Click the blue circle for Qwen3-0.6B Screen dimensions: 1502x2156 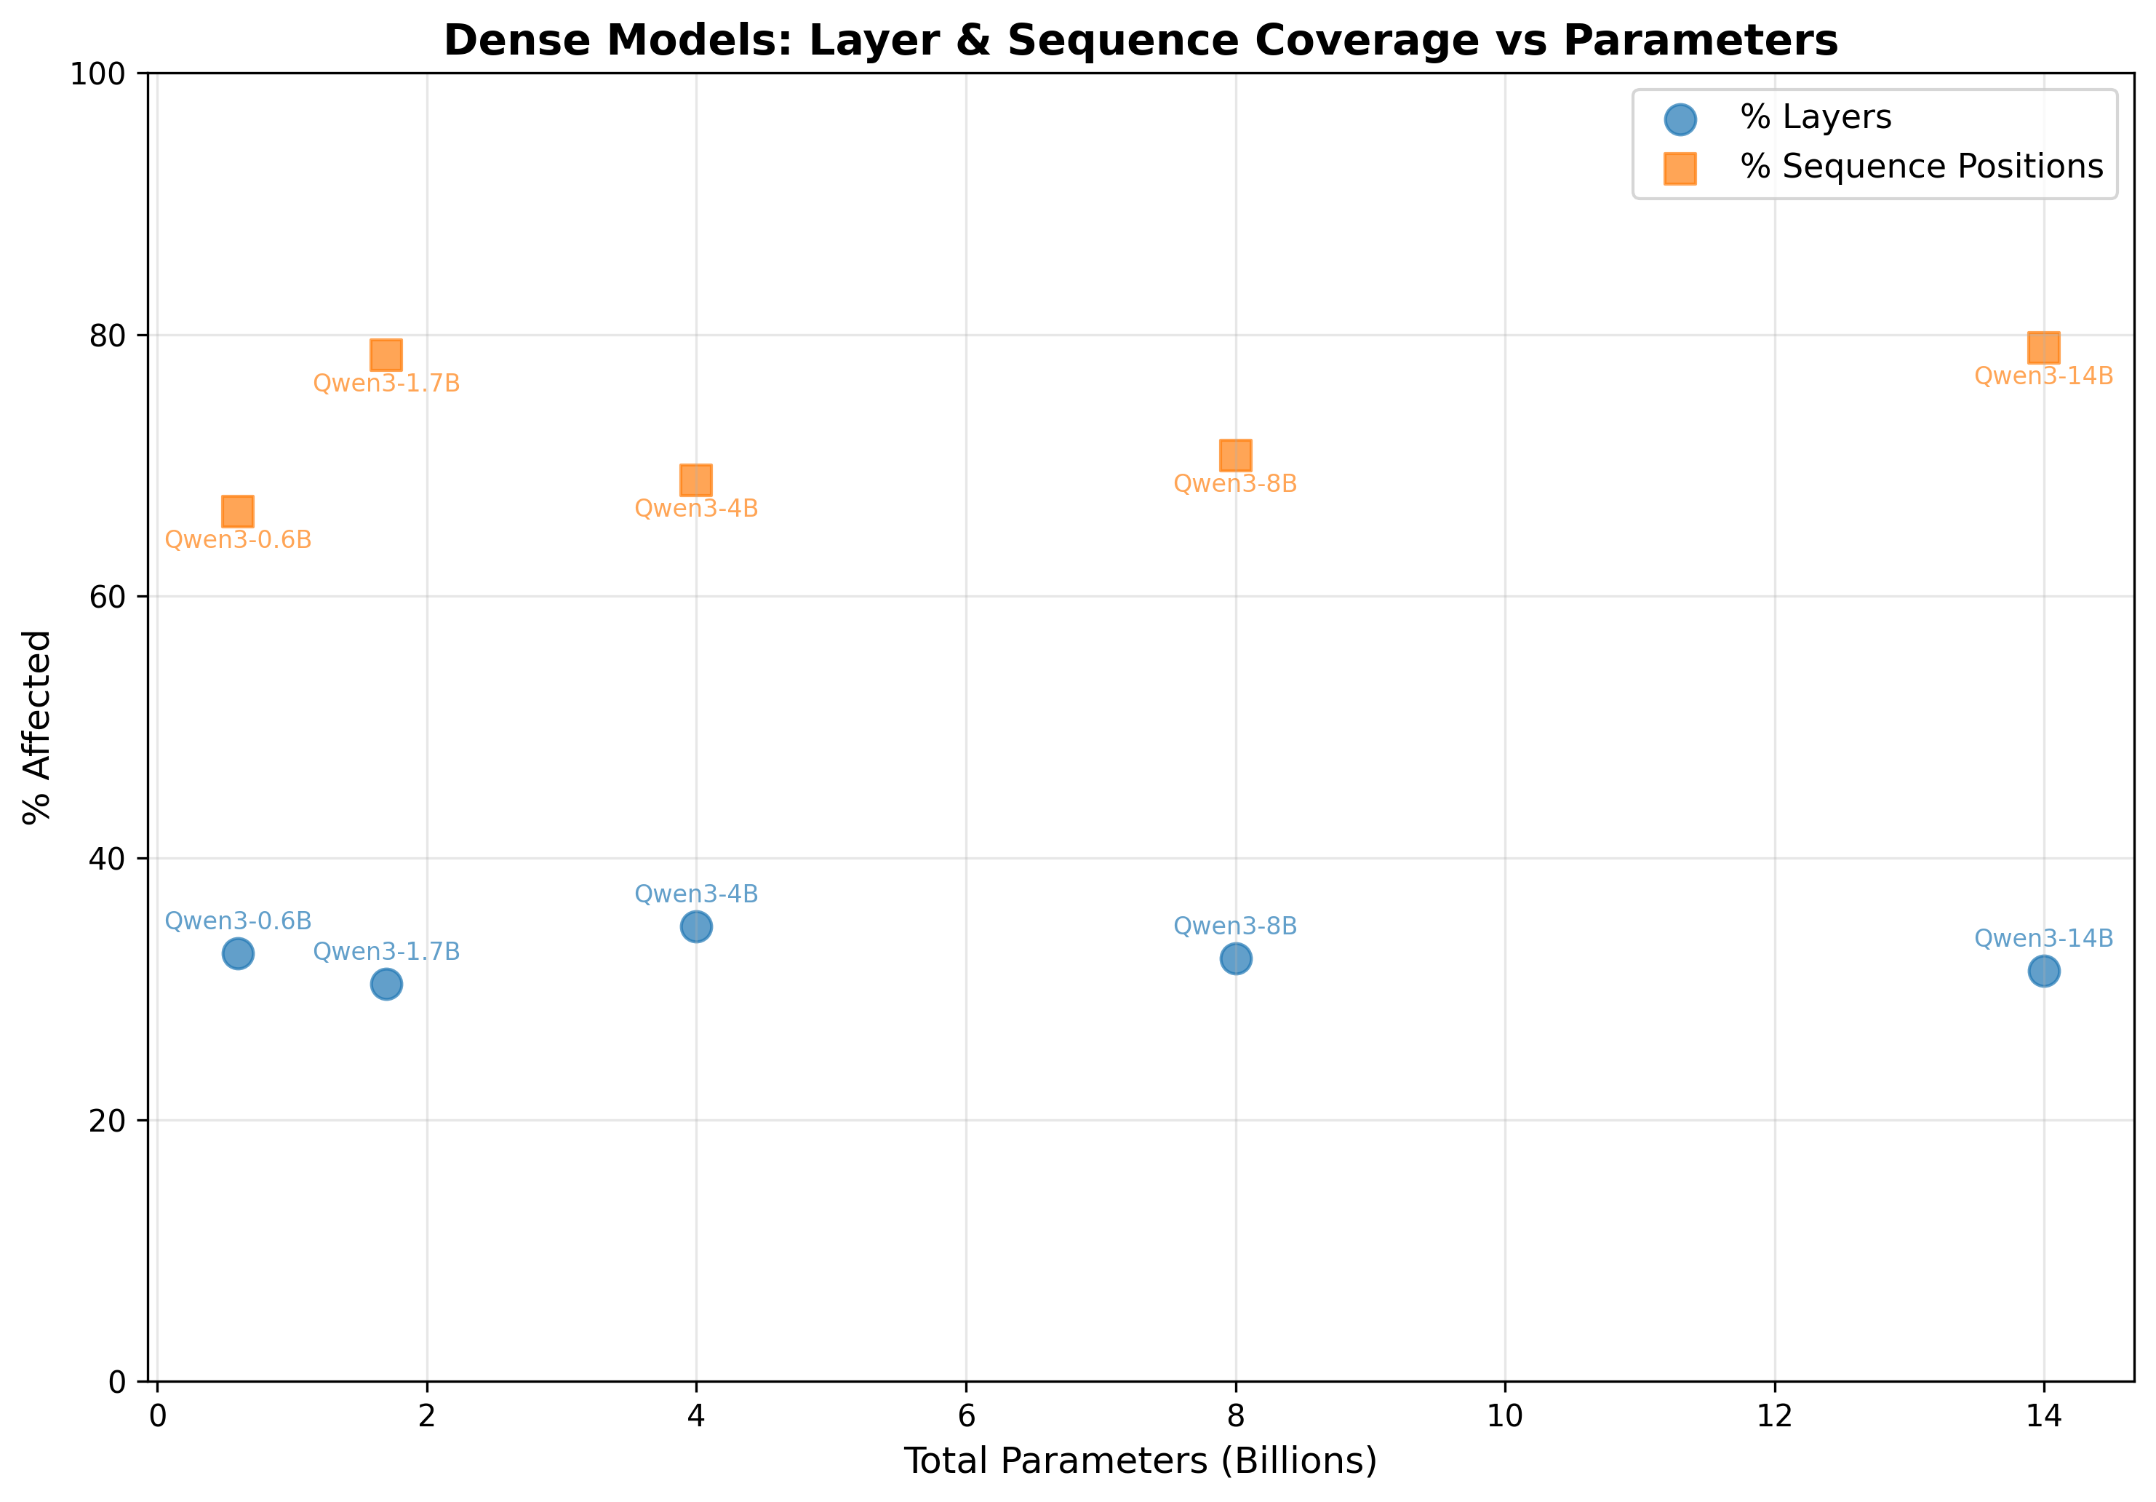[238, 953]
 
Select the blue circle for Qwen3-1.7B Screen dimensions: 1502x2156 [386, 985]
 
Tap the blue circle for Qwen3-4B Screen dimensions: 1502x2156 [696, 927]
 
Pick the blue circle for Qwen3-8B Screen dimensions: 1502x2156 [1236, 958]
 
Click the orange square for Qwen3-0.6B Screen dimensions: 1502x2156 [238, 512]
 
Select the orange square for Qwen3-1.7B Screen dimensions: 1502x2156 [386, 355]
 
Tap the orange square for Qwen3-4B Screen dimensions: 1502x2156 [696, 480]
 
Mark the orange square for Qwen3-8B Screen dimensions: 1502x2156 [1236, 456]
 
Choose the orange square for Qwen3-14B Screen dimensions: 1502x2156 [2044, 348]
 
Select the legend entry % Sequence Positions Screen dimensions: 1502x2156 [1921, 167]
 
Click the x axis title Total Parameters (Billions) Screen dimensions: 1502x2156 [1140, 1461]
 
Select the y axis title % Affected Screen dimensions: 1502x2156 [38, 727]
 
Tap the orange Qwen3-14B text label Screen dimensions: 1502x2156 [2044, 377]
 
